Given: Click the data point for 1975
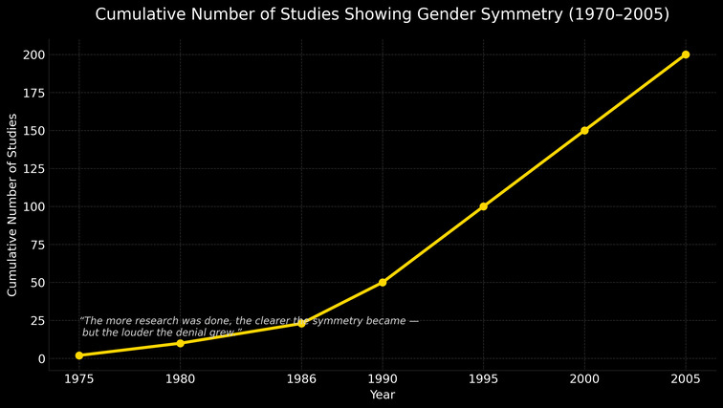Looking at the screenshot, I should pyautogui.click(x=78, y=355).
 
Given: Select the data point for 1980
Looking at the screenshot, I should pyautogui.click(x=180, y=343).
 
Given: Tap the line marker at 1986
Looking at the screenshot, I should pyautogui.click(x=301, y=324).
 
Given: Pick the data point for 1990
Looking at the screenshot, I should pyautogui.click(x=383, y=283).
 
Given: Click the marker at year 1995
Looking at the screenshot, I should pyautogui.click(x=484, y=206).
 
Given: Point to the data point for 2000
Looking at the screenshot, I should pyautogui.click(x=584, y=131).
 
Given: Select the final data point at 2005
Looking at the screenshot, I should pyautogui.click(x=686, y=54).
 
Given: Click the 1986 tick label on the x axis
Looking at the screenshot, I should pyautogui.click(x=301, y=378).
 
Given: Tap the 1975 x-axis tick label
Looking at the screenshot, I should pyautogui.click(x=78, y=378).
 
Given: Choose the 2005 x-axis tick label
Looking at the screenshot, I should pyautogui.click(x=686, y=378).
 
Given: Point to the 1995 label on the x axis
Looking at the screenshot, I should pyautogui.click(x=484, y=378).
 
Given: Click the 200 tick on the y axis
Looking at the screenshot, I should pyautogui.click(x=34, y=54).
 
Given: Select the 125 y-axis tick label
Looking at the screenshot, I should pyautogui.click(x=34, y=169).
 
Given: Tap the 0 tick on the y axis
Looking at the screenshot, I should pyautogui.click(x=41, y=359).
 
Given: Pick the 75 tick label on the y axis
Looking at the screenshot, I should pyautogui.click(x=37, y=245).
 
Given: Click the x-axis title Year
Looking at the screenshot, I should pyautogui.click(x=383, y=394).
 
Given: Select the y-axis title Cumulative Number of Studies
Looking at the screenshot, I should pyautogui.click(x=12, y=204).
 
